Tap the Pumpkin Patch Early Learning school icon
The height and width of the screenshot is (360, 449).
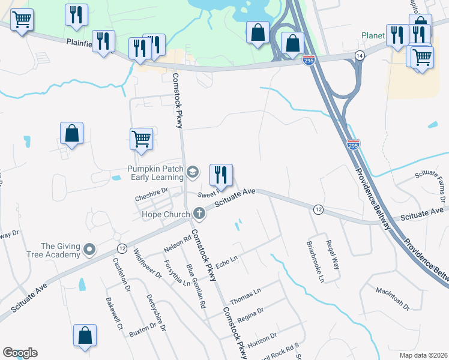pos(193,173)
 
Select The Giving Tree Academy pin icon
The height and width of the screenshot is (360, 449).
pos(90,248)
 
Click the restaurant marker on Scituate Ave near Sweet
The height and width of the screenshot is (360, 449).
pos(221,175)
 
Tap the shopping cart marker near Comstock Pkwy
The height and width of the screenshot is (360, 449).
pos(141,139)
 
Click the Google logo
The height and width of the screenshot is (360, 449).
pos(20,353)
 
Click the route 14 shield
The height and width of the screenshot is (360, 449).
pos(360,55)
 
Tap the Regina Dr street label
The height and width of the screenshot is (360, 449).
pos(251,314)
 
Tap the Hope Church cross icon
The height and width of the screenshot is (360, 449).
pos(196,214)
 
